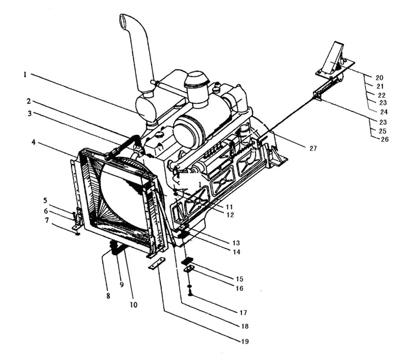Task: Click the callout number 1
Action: [x=25, y=75]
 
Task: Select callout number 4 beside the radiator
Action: [x=34, y=142]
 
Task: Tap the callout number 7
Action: [x=47, y=221]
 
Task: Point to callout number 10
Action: [x=134, y=305]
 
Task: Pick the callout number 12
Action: [x=230, y=215]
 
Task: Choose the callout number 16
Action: [x=239, y=288]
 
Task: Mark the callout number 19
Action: [x=245, y=342]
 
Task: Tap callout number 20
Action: [x=379, y=78]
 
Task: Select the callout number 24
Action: [x=384, y=112]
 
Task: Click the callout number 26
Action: [x=385, y=139]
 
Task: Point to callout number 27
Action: [x=313, y=148]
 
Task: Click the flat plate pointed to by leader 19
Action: [x=157, y=263]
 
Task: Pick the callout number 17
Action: [x=243, y=313]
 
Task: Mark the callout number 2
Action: [x=28, y=101]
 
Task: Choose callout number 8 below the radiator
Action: [x=108, y=296]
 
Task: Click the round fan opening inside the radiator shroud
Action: [x=121, y=197]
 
